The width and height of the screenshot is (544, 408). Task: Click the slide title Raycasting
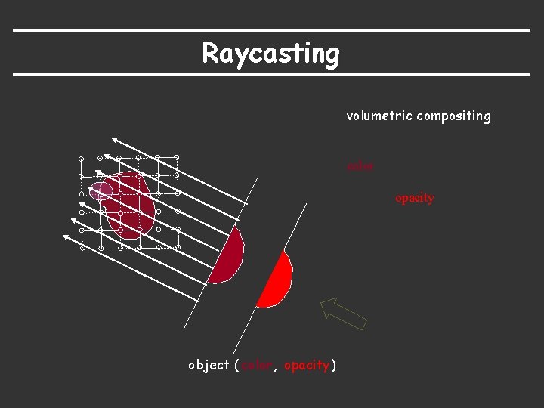pos(270,54)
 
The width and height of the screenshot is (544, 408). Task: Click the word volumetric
pos(379,116)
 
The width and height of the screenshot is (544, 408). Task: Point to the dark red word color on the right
pos(360,165)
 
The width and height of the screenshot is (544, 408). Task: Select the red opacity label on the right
pos(414,198)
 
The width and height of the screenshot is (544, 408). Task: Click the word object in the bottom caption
pos(209,366)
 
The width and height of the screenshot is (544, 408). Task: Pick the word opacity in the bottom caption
pos(307,366)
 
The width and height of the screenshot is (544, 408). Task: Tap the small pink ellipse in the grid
pos(100,190)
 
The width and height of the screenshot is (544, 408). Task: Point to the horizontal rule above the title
pos(272,30)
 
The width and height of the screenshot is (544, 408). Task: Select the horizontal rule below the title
pos(272,75)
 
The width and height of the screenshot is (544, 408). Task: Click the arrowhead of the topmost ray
pos(113,140)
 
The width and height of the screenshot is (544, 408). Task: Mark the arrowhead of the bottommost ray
pos(66,238)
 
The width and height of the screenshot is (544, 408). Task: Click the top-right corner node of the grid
pos(177,157)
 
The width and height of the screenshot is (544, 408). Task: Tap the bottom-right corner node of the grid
pos(178,246)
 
